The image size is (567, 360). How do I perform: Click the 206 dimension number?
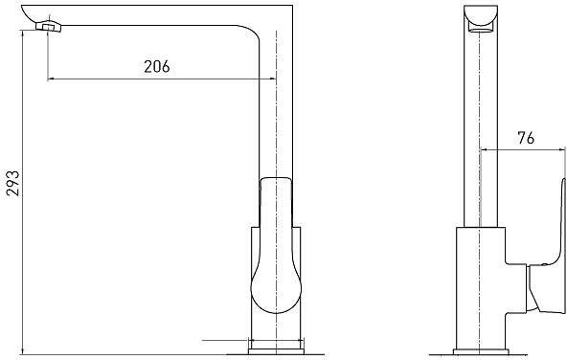coord(156,67)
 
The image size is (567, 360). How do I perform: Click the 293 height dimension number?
coord(13,183)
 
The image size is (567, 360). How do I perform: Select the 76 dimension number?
coord(526,138)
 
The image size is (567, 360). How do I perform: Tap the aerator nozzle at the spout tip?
coord(49,27)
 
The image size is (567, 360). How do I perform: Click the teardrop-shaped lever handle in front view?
coord(276,245)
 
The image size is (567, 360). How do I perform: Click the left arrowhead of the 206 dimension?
coord(51,79)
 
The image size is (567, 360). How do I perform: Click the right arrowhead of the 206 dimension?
coord(272,79)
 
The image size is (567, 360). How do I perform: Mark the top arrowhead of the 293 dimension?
coord(23,34)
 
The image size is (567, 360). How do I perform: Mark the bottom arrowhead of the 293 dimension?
coord(23,350)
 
